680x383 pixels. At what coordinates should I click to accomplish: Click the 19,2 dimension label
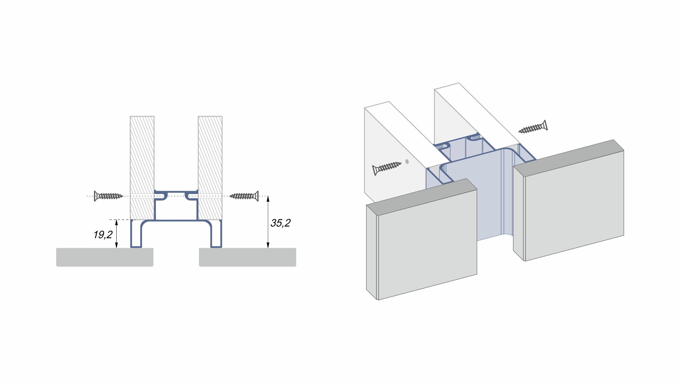(x=103, y=235)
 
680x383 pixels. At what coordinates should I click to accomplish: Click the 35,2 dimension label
(x=280, y=223)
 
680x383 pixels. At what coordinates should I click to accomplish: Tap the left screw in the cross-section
(x=108, y=196)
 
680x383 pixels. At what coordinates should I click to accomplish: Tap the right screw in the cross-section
(x=244, y=196)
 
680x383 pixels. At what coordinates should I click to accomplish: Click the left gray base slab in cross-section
(x=105, y=257)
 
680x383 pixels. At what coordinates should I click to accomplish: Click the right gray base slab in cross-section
(x=247, y=257)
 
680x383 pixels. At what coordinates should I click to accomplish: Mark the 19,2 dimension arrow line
(x=117, y=234)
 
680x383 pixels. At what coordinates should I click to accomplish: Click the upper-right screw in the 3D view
(x=533, y=127)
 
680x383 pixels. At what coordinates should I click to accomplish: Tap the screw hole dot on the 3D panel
(x=407, y=161)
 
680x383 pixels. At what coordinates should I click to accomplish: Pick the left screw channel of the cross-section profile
(x=161, y=195)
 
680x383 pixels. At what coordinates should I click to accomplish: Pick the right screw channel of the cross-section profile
(x=191, y=195)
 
